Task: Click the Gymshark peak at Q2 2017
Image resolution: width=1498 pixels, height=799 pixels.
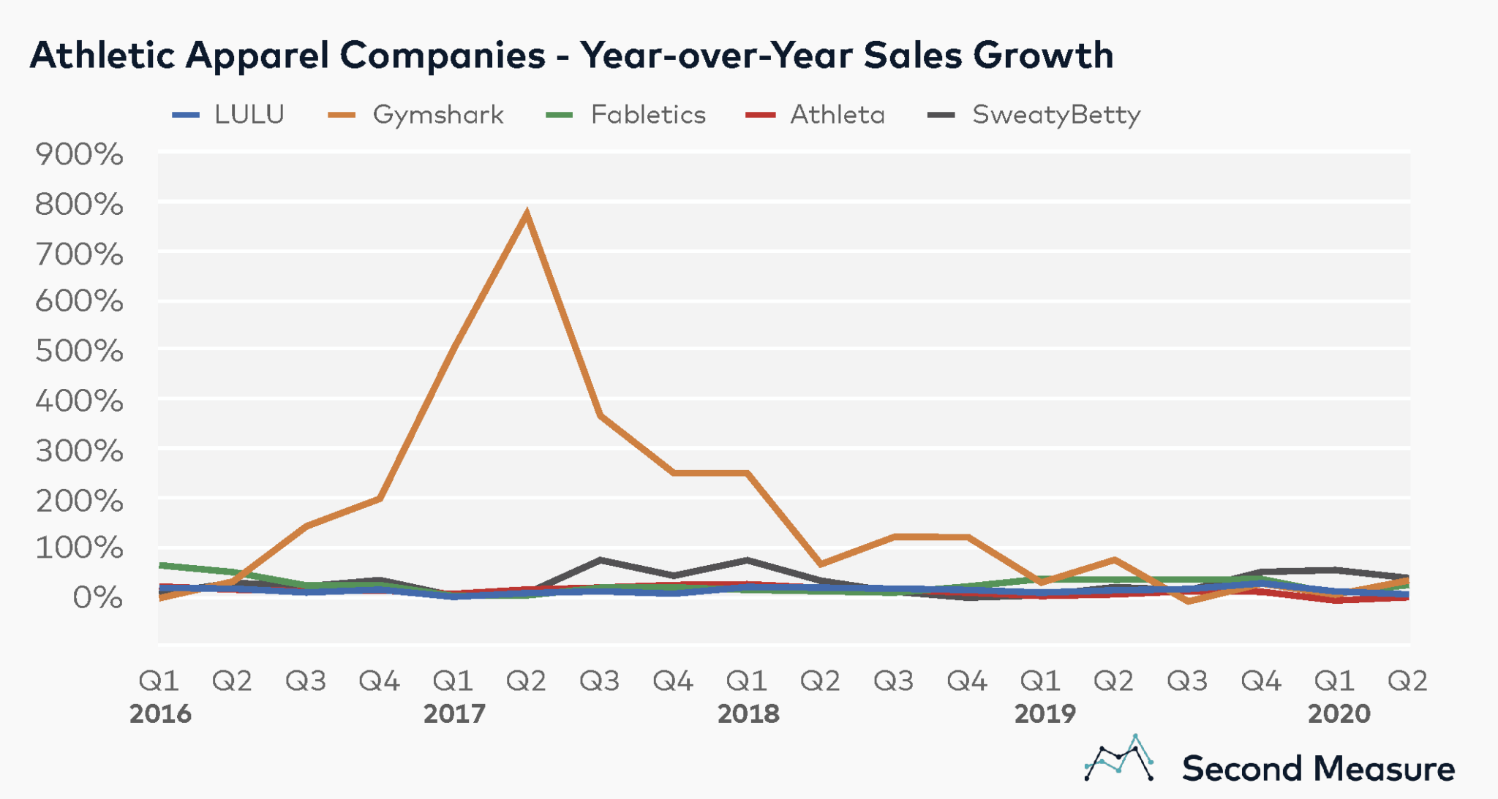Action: (527, 214)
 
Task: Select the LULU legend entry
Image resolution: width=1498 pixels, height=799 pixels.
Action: (228, 115)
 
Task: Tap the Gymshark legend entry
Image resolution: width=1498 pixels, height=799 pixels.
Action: (416, 115)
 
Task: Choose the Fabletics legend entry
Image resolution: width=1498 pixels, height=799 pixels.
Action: (626, 115)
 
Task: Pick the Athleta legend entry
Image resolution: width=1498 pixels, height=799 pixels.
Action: (816, 115)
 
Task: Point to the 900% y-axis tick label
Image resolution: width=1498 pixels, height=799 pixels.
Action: (79, 155)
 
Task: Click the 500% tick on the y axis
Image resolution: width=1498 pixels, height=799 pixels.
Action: (79, 352)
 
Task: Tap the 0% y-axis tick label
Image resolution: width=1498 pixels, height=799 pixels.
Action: (97, 598)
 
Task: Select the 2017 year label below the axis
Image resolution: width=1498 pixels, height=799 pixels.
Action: (454, 713)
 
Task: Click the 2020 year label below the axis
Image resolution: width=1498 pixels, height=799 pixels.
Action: (1339, 713)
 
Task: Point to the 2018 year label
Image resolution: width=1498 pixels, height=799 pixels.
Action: (748, 713)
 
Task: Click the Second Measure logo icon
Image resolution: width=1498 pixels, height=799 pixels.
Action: (1119, 759)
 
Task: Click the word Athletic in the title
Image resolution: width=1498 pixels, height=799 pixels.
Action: (102, 55)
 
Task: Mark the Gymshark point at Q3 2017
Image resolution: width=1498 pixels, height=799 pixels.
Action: (600, 416)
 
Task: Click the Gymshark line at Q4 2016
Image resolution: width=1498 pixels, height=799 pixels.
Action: (380, 499)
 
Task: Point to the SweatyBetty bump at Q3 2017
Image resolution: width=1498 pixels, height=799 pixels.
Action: (600, 560)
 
